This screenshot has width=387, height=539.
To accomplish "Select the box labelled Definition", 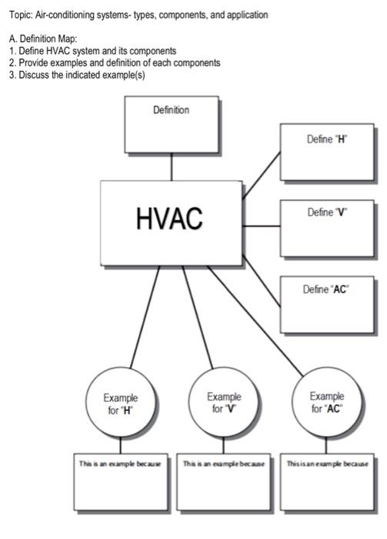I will click(172, 123).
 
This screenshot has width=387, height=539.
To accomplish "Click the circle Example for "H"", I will click(121, 403).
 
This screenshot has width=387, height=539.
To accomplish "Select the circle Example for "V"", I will click(223, 403).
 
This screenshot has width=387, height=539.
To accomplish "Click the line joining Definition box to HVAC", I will click(172, 166).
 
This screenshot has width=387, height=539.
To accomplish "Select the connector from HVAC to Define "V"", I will click(261, 226).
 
